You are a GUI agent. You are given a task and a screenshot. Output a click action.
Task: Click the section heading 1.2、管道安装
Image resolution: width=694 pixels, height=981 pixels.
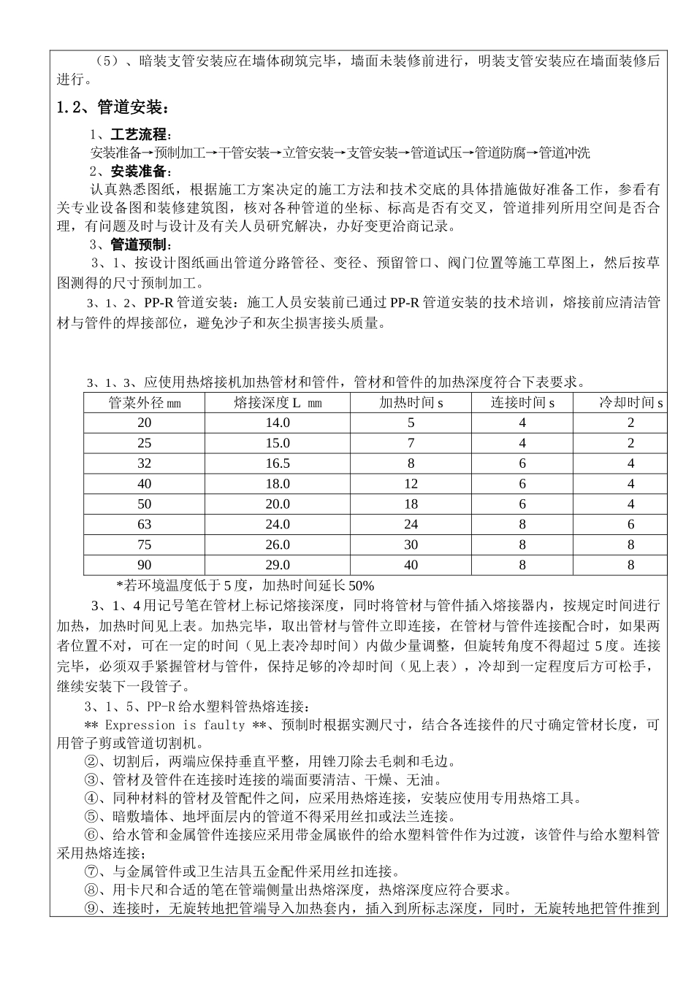[113, 108]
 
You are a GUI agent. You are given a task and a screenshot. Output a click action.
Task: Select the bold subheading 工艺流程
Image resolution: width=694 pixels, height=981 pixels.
[140, 136]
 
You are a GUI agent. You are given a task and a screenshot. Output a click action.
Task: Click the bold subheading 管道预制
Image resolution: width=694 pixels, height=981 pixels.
[140, 245]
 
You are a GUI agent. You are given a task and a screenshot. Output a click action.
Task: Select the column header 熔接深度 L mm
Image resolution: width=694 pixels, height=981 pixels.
[278, 403]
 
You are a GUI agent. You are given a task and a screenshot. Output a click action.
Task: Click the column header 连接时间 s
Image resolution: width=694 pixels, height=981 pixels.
[522, 403]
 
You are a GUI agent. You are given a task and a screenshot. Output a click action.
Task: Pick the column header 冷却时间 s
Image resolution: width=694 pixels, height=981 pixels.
[630, 403]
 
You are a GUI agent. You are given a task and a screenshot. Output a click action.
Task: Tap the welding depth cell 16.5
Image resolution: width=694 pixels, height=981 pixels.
[278, 463]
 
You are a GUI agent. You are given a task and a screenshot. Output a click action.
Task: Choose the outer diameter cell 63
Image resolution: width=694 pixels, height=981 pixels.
[145, 524]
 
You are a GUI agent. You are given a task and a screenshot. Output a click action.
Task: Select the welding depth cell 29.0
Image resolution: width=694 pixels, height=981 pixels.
[278, 565]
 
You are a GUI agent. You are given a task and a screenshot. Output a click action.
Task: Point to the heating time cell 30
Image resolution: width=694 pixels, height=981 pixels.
[411, 545]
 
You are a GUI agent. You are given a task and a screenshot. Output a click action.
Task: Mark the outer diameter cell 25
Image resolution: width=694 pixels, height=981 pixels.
[145, 443]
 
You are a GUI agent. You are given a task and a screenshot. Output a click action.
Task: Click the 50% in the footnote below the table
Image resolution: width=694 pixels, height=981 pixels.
[361, 585]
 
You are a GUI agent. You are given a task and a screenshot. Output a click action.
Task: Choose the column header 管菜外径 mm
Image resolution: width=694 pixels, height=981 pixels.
[145, 403]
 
